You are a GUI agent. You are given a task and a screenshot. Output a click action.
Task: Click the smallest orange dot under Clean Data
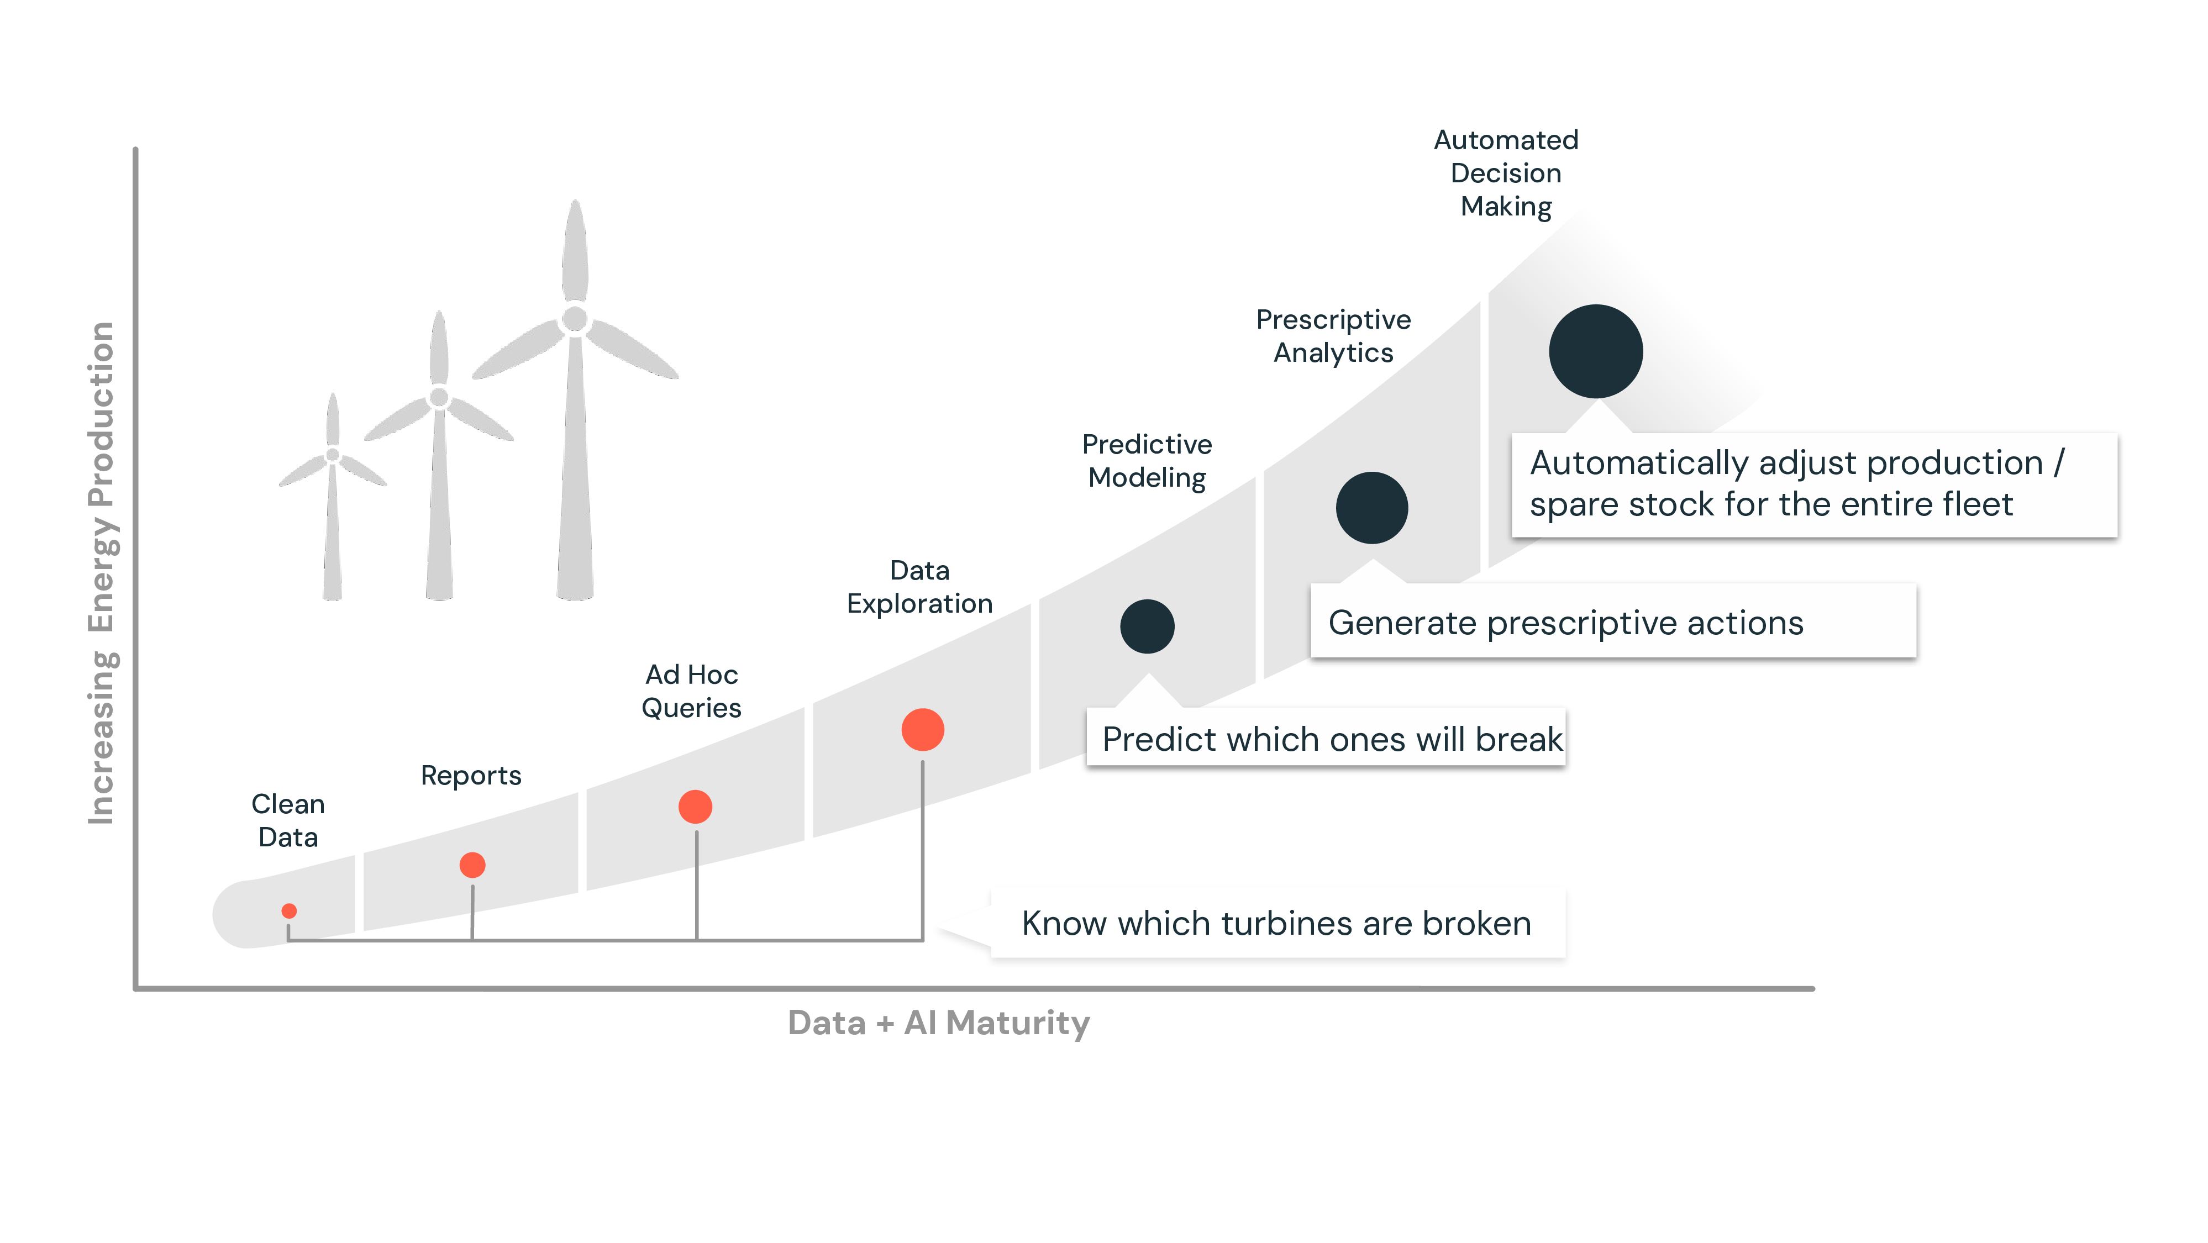289,910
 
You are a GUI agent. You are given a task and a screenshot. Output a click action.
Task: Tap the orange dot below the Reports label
472,865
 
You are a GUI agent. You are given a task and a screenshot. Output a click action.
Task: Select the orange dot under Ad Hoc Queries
695,807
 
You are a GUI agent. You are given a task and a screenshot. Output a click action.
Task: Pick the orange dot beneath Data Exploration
922,730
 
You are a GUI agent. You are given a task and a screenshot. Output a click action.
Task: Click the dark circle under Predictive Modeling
1147,626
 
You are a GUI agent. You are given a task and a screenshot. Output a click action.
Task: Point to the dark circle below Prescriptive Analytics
1371,508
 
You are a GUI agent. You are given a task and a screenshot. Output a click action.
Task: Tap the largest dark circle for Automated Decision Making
1595,351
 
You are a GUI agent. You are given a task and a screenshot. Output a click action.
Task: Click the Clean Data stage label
288,820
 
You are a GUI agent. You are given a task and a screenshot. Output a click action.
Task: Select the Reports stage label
471,775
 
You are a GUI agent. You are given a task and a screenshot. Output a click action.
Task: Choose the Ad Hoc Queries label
692,691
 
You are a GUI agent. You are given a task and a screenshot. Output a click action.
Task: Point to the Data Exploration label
919,586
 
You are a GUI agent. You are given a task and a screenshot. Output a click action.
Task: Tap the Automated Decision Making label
1506,173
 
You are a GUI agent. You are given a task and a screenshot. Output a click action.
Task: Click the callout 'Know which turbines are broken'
1276,923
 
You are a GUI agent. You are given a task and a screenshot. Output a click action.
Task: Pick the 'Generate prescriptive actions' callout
1566,623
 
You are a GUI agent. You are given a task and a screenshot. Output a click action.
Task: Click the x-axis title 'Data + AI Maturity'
939,1023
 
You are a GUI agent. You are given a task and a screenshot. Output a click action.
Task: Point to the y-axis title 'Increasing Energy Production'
102,573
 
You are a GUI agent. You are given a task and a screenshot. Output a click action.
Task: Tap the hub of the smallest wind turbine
333,455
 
